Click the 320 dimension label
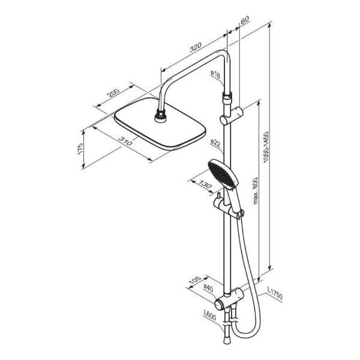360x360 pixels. point(196,47)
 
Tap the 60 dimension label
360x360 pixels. point(245,20)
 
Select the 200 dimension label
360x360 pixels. point(114,92)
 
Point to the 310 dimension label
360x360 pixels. point(125,141)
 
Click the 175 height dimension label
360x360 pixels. point(80,149)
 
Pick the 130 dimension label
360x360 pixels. point(205,184)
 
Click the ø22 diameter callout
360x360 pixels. point(215,143)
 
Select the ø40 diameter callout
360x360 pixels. point(208,289)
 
